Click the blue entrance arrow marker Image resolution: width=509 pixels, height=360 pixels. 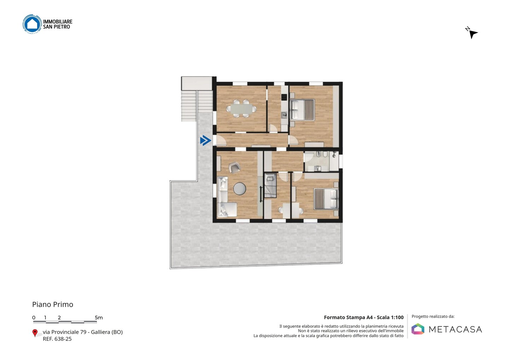click(205, 140)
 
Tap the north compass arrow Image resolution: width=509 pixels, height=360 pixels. click(473, 34)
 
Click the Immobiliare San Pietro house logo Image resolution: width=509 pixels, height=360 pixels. click(32, 24)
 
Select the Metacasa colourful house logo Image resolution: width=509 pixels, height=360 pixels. click(418, 329)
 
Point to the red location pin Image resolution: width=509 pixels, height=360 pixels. click(35, 333)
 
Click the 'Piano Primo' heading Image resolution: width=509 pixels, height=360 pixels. click(52, 304)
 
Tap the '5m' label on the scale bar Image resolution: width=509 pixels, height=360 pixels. click(99, 318)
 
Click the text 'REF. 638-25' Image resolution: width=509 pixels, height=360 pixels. click(57, 339)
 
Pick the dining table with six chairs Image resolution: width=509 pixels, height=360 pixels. click(241, 109)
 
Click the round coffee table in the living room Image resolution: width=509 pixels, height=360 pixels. click(240, 188)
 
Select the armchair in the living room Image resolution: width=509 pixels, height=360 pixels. click(234, 167)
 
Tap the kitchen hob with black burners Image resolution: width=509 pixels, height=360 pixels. click(284, 97)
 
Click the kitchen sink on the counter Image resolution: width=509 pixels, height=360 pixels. click(284, 115)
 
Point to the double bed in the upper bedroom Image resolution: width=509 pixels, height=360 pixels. click(303, 110)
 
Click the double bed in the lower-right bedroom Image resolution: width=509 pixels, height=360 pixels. click(326, 199)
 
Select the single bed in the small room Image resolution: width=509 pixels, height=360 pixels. click(271, 185)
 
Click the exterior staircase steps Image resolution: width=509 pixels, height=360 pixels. click(197, 106)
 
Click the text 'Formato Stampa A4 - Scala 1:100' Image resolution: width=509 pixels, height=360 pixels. click(364, 318)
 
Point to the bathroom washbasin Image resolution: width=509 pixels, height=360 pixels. click(317, 169)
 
